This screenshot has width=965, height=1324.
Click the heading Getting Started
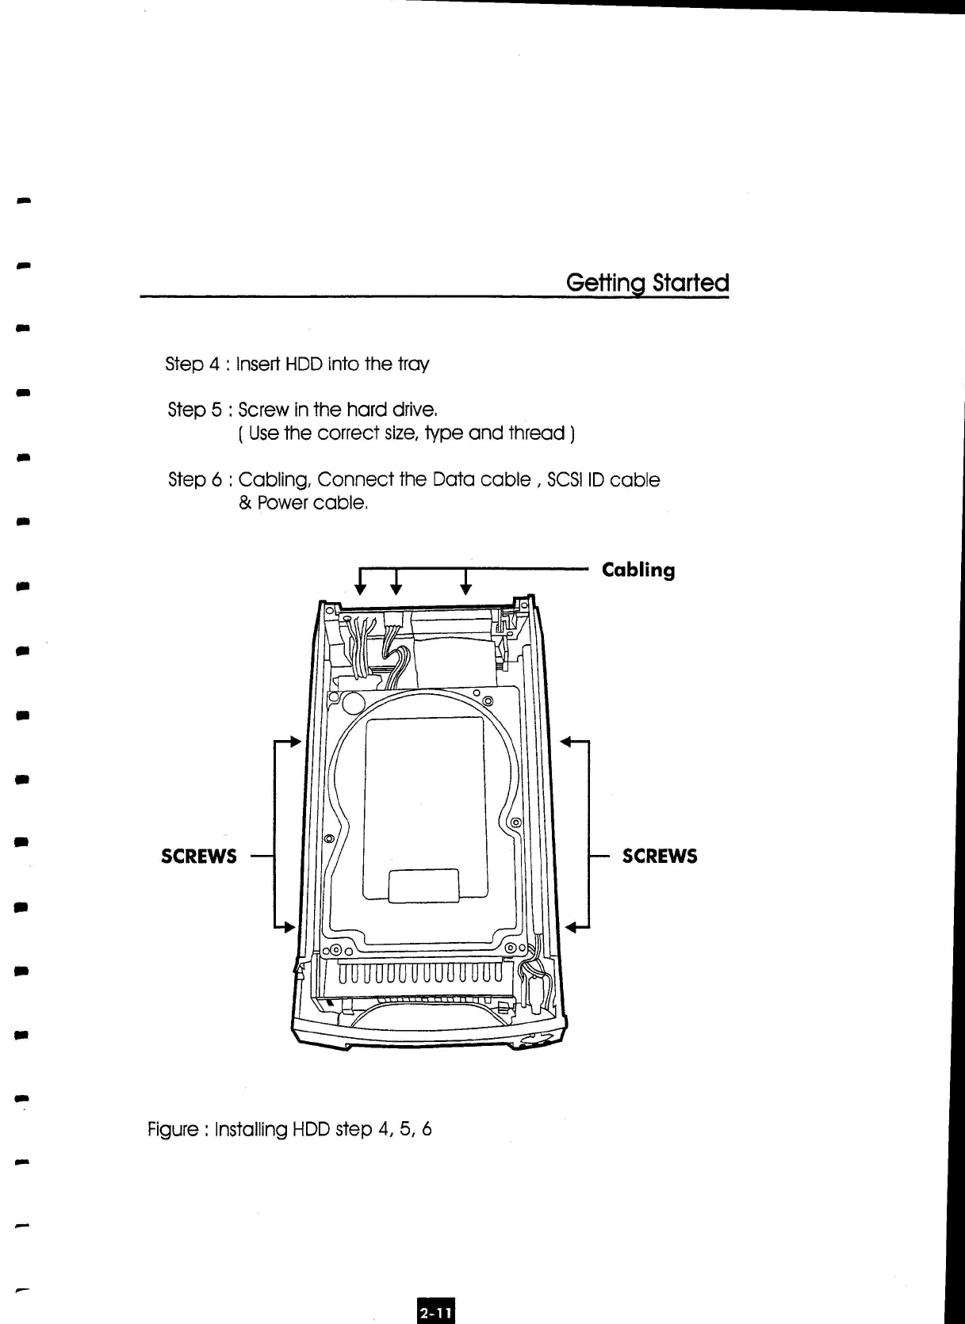pyautogui.click(x=647, y=283)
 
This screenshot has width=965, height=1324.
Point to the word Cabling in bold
pyautogui.click(x=638, y=570)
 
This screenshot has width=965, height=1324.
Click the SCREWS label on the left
pyautogui.click(x=198, y=857)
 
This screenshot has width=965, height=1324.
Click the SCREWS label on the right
pyautogui.click(x=660, y=857)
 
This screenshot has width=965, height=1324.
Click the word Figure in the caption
pyautogui.click(x=172, y=1129)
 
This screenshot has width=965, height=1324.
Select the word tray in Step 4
pyautogui.click(x=413, y=364)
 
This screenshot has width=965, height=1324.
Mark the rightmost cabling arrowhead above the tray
pyautogui.click(x=466, y=588)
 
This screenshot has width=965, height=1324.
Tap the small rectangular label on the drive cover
pyautogui.click(x=424, y=886)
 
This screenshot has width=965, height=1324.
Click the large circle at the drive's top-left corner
pyautogui.click(x=354, y=704)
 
